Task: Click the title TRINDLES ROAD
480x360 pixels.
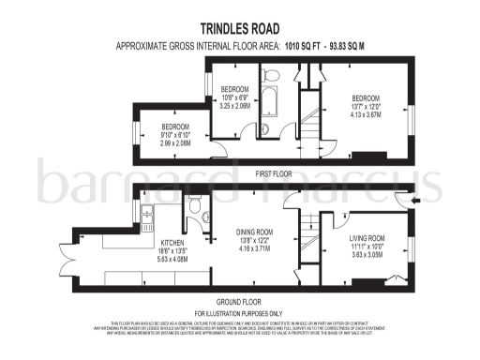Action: [240, 30]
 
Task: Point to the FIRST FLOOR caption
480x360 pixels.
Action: [241, 173]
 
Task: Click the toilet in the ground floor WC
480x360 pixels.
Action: [196, 208]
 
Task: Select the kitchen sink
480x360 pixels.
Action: [148, 217]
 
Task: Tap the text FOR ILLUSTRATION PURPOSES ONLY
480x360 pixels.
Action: [239, 312]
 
